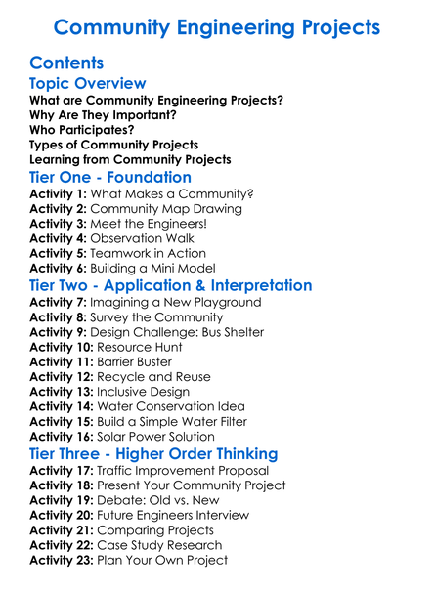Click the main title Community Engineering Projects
(x=216, y=26)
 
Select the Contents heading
(x=67, y=63)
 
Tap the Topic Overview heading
(x=88, y=83)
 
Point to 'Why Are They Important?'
(x=103, y=114)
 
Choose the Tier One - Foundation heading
(x=110, y=177)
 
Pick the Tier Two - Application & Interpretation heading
(x=171, y=285)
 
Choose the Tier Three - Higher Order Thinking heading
(x=153, y=454)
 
